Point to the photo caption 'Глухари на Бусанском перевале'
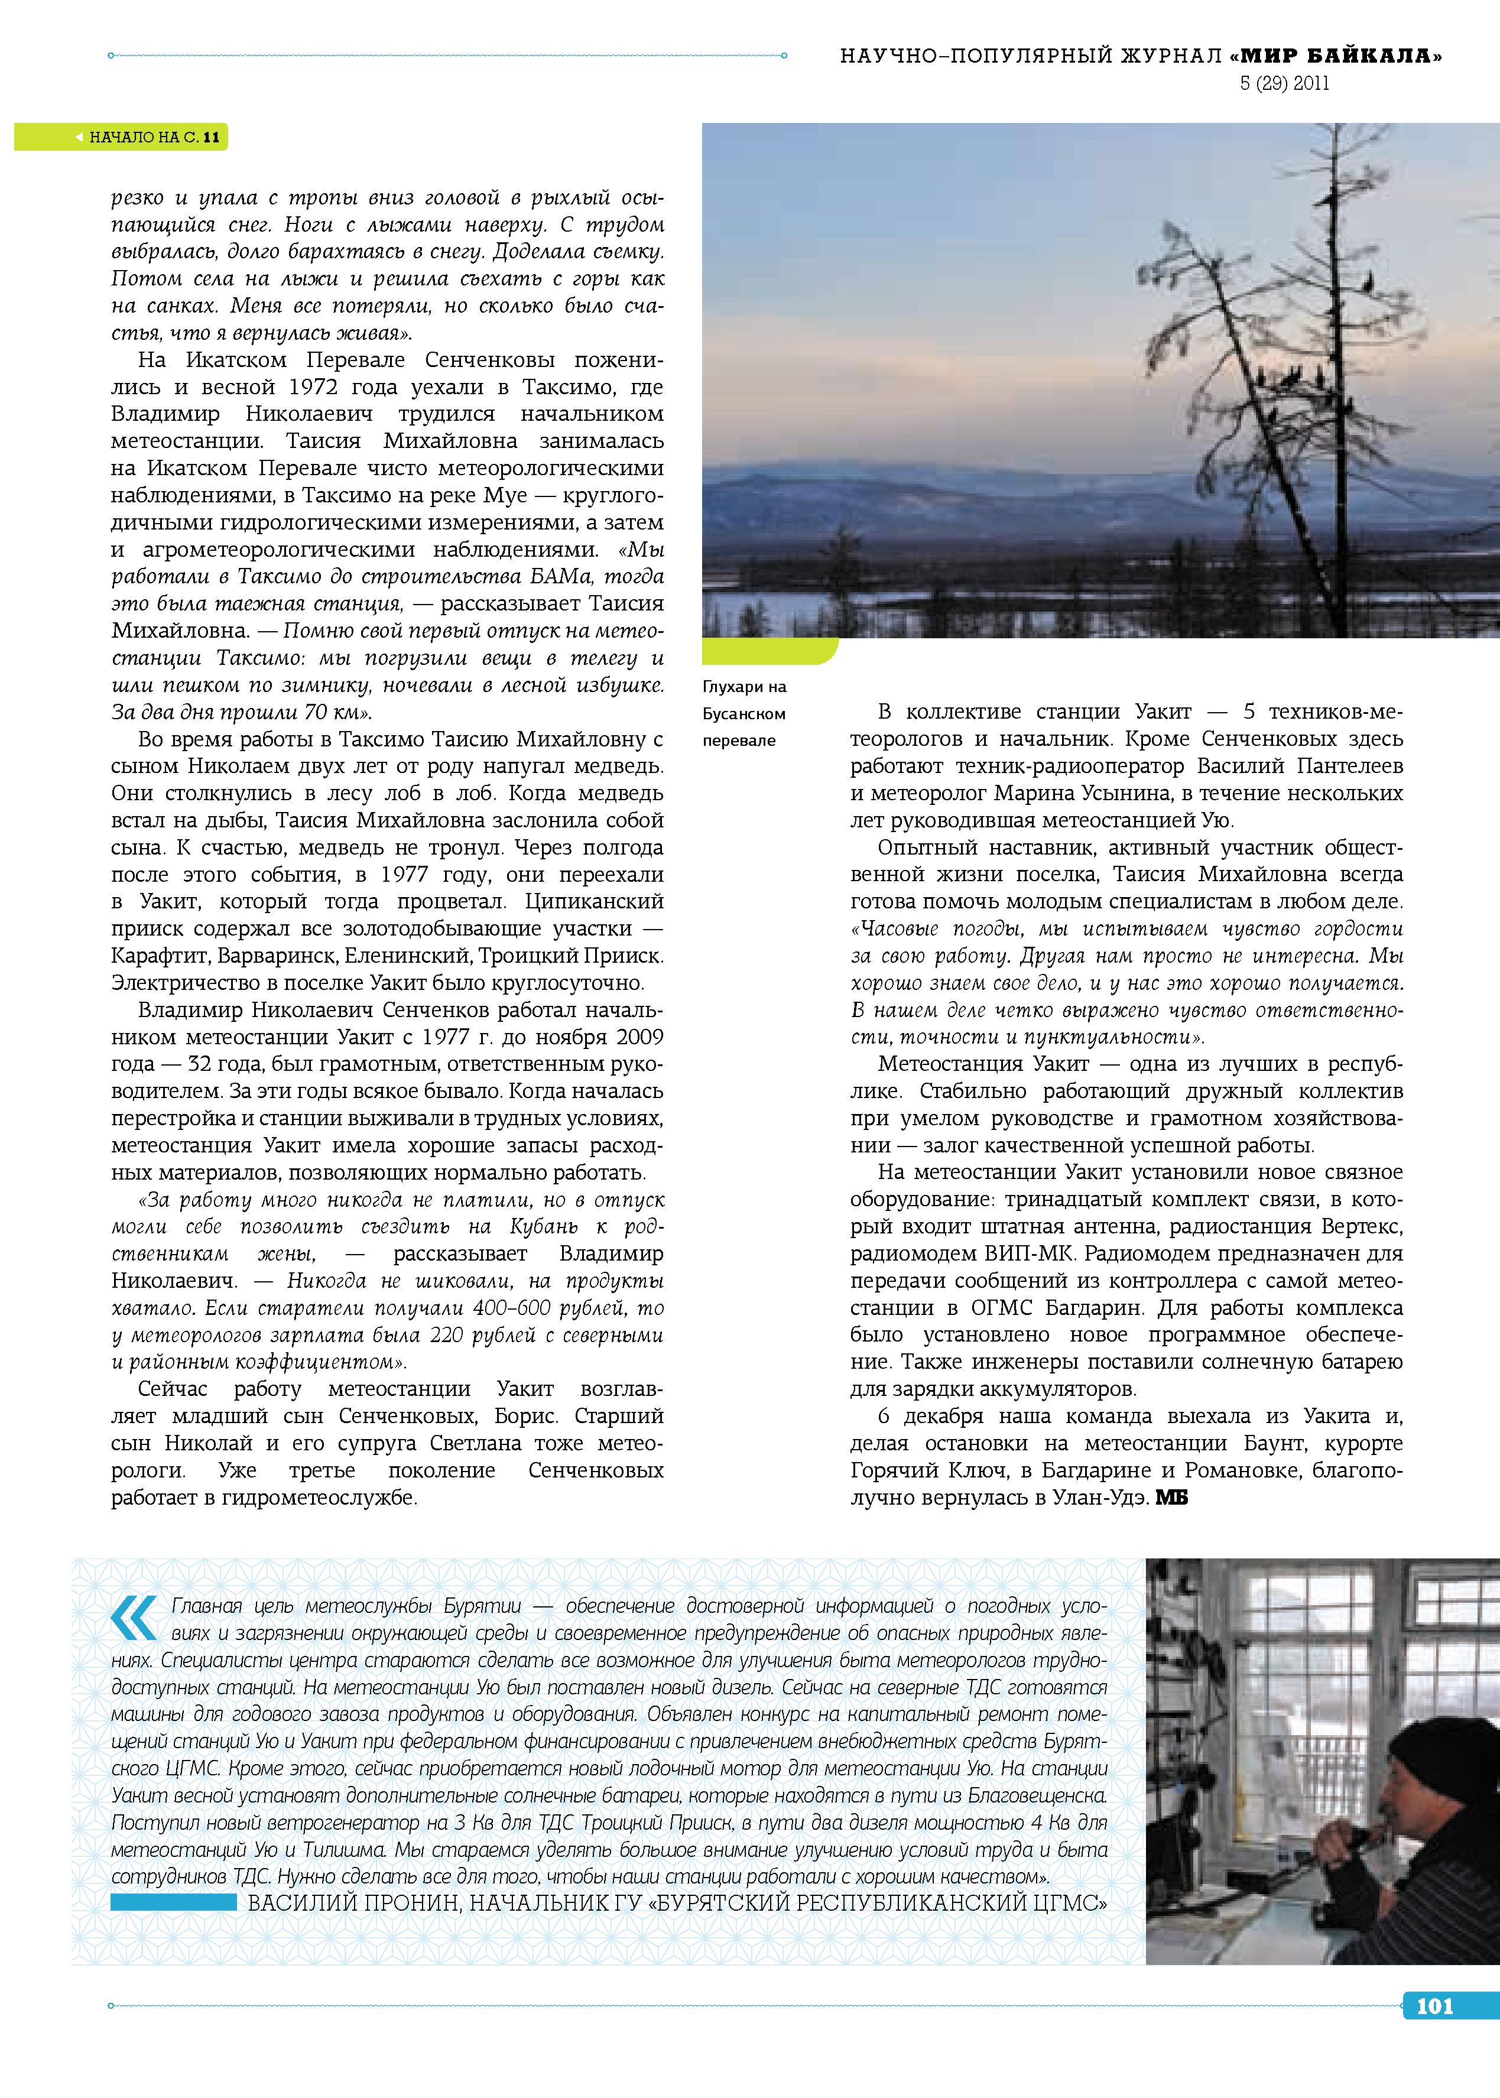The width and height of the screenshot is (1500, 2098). click(x=745, y=713)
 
